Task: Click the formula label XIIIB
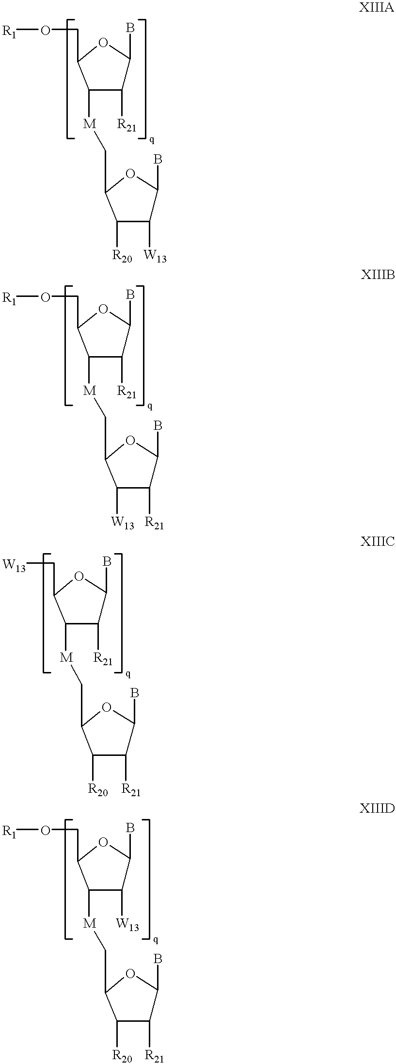click(377, 275)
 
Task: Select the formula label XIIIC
click(377, 541)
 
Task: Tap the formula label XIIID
click(377, 808)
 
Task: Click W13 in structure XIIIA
click(155, 256)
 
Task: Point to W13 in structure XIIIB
click(122, 523)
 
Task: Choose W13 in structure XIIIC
click(15, 566)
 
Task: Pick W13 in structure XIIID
click(127, 924)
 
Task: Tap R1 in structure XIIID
click(9, 832)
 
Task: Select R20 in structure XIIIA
click(122, 256)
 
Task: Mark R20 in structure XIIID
click(122, 1056)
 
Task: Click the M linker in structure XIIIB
click(90, 391)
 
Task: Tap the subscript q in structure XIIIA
click(152, 140)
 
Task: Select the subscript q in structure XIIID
click(156, 940)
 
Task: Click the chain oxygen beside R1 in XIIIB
click(45, 297)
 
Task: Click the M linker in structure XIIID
click(90, 923)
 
